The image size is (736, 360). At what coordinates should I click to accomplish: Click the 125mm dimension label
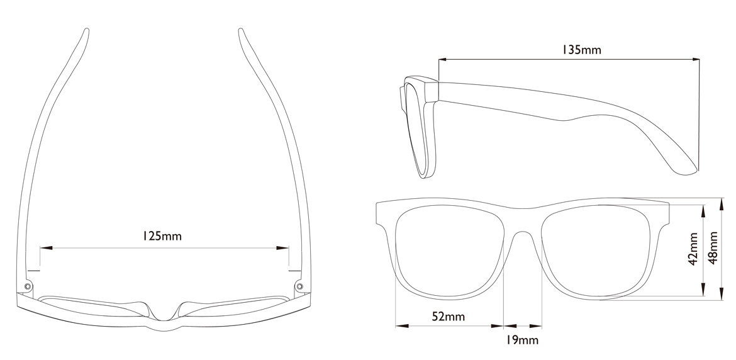pyautogui.click(x=162, y=236)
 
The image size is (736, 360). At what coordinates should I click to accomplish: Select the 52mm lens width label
pyautogui.click(x=448, y=316)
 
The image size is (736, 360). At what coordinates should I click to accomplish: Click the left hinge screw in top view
pyautogui.click(x=28, y=286)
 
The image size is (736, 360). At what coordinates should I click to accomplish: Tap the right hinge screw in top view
pyautogui.click(x=299, y=286)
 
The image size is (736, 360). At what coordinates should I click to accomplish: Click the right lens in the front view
pyautogui.click(x=596, y=252)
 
